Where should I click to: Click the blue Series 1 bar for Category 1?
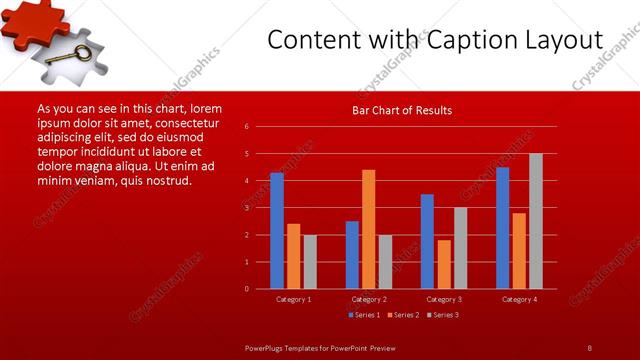(276, 230)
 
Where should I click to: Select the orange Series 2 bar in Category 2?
(369, 229)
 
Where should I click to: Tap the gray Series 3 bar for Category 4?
(535, 221)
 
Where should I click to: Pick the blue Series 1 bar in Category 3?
(427, 241)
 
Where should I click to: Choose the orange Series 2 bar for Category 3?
(444, 264)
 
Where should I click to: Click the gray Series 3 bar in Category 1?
(310, 261)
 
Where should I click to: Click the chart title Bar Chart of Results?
(402, 110)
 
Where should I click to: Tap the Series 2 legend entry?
(403, 315)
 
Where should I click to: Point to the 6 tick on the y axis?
(247, 127)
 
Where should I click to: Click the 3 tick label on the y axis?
(247, 208)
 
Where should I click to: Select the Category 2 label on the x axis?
(369, 299)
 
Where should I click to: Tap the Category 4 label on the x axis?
(518, 299)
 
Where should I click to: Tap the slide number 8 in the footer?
(589, 347)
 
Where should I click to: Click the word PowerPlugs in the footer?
(268, 347)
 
